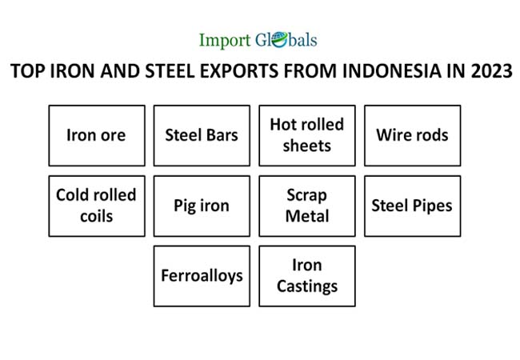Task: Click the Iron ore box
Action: pos(97,135)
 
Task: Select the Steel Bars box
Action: pos(202,135)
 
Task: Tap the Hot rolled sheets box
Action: pos(307,135)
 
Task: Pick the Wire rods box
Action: pos(413,135)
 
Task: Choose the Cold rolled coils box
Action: pos(97,206)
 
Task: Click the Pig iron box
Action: pos(202,206)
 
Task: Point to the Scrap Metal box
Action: pos(307,206)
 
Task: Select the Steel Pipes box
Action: pos(413,206)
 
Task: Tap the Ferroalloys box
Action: pos(202,276)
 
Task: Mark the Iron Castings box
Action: pos(307,276)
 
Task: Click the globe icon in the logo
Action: pos(279,40)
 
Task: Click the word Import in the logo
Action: pos(225,41)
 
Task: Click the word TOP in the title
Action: pos(27,71)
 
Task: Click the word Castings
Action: pos(307,287)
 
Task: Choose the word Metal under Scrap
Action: pos(307,216)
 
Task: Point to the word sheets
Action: pos(307,146)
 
